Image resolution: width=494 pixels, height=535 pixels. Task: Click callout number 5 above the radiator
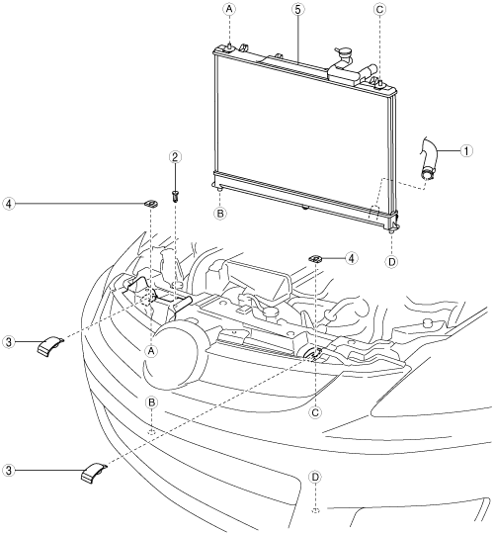(298, 10)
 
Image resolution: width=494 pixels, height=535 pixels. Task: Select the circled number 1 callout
(466, 150)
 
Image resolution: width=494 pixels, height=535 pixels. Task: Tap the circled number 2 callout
(175, 157)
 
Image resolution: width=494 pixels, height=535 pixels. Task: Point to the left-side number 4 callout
(9, 204)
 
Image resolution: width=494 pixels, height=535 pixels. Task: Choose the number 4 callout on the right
(351, 258)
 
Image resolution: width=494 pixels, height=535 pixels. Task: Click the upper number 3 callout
(9, 342)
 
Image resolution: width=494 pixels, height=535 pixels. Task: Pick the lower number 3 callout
(9, 471)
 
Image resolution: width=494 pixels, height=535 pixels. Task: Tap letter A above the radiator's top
(229, 9)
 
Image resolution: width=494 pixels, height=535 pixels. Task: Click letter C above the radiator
(379, 9)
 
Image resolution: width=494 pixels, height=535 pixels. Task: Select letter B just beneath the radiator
(220, 214)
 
